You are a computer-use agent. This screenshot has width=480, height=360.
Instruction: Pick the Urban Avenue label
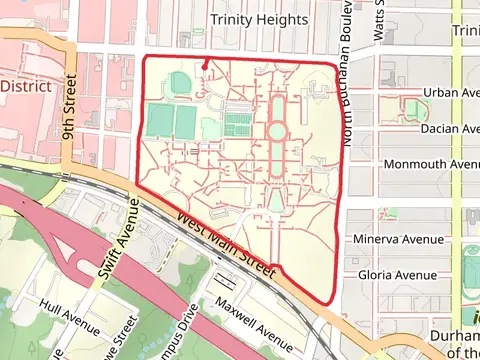pos(450,92)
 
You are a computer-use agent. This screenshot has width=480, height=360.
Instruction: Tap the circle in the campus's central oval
pos(276,132)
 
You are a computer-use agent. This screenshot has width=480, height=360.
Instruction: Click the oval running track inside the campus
pos(180,82)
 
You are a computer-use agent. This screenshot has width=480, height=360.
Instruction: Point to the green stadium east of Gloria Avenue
pos(471,269)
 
